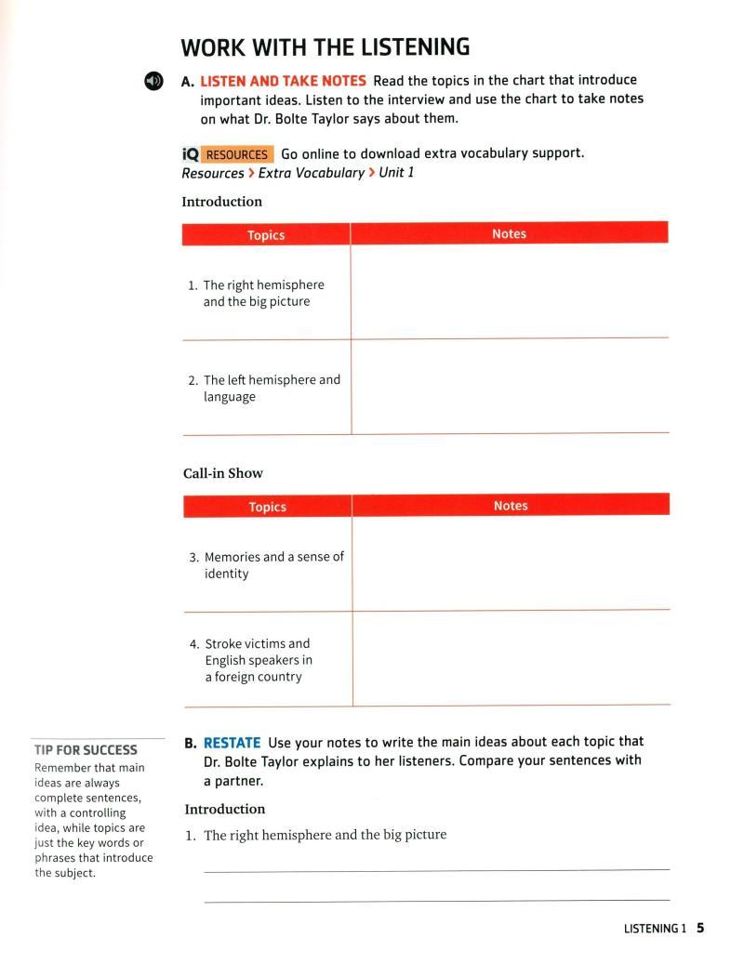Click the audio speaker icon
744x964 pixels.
(153, 82)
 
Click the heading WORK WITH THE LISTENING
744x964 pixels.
(325, 46)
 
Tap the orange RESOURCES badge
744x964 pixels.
(236, 154)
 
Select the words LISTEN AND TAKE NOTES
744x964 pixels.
(283, 81)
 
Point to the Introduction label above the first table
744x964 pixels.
(221, 202)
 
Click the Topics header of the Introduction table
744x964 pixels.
(266, 235)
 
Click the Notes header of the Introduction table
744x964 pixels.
(509, 234)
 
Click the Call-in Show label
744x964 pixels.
(223, 473)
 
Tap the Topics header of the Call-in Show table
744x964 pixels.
(267, 507)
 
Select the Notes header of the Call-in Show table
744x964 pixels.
(511, 506)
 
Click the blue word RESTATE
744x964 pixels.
(232, 742)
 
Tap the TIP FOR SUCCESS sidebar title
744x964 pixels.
(85, 749)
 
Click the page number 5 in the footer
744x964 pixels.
(700, 928)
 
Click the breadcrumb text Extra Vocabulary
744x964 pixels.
(311, 173)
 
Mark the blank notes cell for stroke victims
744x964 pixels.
(511, 658)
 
